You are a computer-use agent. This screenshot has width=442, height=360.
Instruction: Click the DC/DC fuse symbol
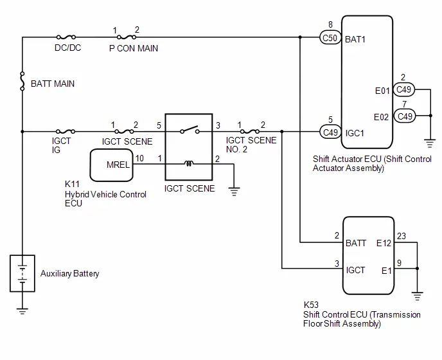[66, 37]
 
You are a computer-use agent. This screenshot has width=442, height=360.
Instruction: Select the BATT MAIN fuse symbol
[22, 81]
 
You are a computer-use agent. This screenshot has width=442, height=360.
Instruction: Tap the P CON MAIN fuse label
[134, 48]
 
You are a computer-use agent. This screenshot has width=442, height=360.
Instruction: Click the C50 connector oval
[330, 38]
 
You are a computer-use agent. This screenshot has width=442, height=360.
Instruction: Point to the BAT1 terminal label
[355, 39]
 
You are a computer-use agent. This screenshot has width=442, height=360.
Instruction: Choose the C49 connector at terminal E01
[403, 90]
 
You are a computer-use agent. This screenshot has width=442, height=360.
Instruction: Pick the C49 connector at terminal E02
[405, 116]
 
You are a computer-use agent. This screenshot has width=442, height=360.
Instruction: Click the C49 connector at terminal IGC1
[330, 132]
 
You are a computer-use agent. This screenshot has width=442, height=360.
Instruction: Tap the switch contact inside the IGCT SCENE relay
[190, 130]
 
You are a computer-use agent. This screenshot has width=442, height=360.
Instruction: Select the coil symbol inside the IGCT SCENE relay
[189, 163]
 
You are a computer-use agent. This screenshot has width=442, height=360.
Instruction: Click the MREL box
[111, 165]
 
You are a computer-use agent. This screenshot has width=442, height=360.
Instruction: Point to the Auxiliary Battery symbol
[22, 273]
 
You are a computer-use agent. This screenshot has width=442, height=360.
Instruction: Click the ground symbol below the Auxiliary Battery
[22, 311]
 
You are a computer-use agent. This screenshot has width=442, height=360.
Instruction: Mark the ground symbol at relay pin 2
[234, 192]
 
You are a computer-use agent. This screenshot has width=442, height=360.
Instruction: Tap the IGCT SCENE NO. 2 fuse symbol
[250, 131]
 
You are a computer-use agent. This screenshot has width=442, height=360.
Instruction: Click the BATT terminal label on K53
[356, 243]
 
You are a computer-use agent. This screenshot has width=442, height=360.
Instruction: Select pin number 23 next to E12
[402, 236]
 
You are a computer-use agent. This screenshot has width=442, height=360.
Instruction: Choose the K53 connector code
[311, 305]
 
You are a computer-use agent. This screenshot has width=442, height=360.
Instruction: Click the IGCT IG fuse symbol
[66, 131]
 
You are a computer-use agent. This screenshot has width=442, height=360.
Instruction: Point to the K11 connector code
[72, 184]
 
